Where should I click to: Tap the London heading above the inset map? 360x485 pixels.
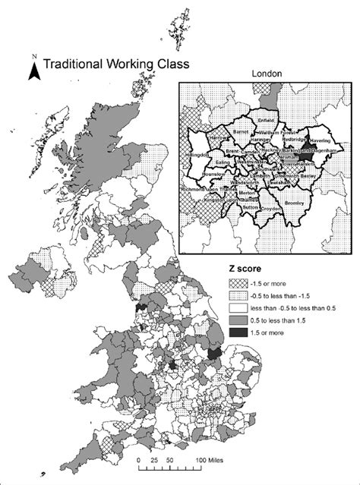tap(266, 74)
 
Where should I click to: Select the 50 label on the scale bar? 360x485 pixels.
tap(169, 460)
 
